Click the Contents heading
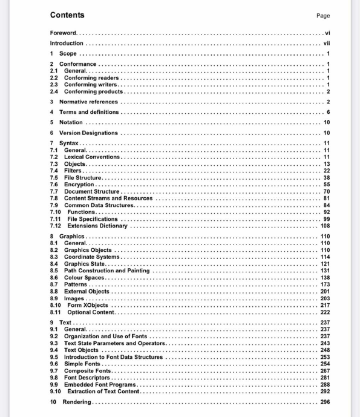tap(67, 15)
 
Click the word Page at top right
tap(323, 16)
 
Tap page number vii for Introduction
tap(326, 44)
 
